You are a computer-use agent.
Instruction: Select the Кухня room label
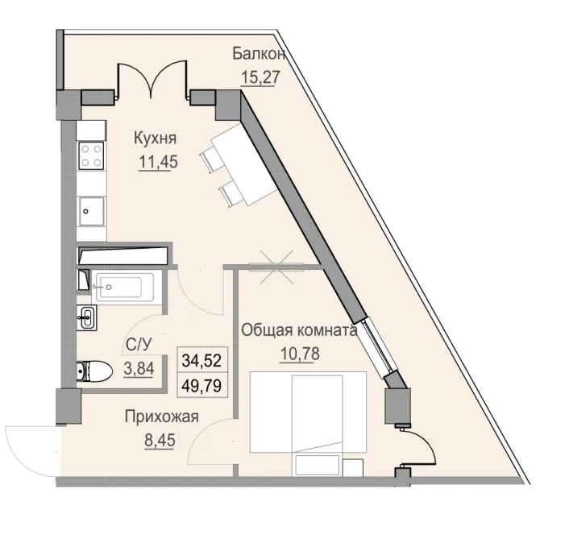(156, 137)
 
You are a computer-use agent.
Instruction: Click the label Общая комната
(299, 330)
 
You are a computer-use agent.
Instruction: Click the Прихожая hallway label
(161, 416)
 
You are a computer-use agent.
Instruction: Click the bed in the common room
(308, 411)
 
